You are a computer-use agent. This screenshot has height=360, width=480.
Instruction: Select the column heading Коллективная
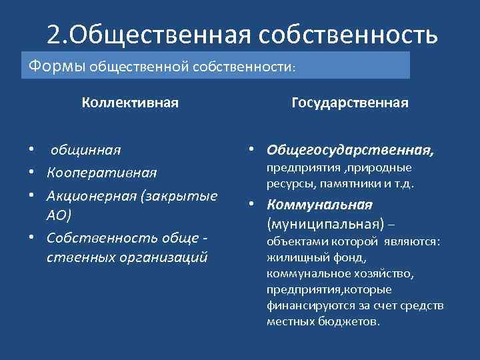pyautogui.click(x=130, y=103)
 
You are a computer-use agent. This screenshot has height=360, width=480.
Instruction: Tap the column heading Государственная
pyautogui.click(x=350, y=103)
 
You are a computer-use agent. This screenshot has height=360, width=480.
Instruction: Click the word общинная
pyautogui.click(x=83, y=151)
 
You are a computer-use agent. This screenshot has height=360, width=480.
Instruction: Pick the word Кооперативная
pyautogui.click(x=102, y=173)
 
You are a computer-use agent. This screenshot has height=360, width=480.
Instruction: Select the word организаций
pyautogui.click(x=167, y=257)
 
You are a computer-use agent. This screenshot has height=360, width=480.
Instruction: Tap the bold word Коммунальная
pyautogui.click(x=319, y=205)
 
